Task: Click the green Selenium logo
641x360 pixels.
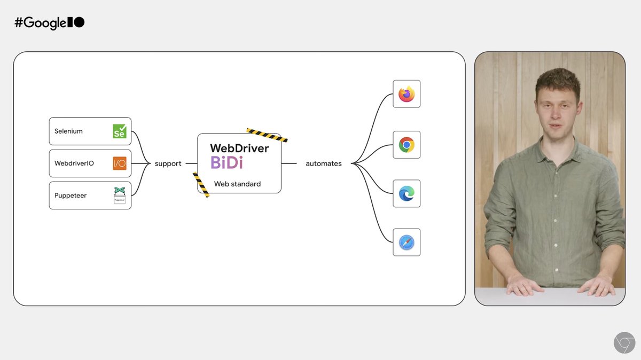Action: tap(120, 131)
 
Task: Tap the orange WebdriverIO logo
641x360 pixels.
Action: tap(120, 163)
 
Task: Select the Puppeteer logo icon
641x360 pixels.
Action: tap(120, 195)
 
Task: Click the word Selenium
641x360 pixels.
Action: tap(68, 131)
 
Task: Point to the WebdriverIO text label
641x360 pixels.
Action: tap(74, 163)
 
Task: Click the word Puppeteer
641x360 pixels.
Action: tap(71, 195)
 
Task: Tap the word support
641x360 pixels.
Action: tap(168, 163)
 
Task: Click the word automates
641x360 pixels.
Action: tap(324, 163)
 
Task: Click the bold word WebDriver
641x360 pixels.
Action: tap(239, 148)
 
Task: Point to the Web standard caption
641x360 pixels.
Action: tap(237, 184)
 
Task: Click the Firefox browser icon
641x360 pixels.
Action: tap(407, 94)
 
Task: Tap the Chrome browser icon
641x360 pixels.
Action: tap(407, 145)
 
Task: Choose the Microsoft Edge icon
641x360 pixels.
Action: tap(407, 193)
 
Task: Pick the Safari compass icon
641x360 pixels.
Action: tap(407, 242)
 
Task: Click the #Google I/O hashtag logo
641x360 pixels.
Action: tap(50, 23)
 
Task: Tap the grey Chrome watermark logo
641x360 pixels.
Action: tap(624, 342)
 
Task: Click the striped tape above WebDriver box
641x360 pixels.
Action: tap(267, 135)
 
